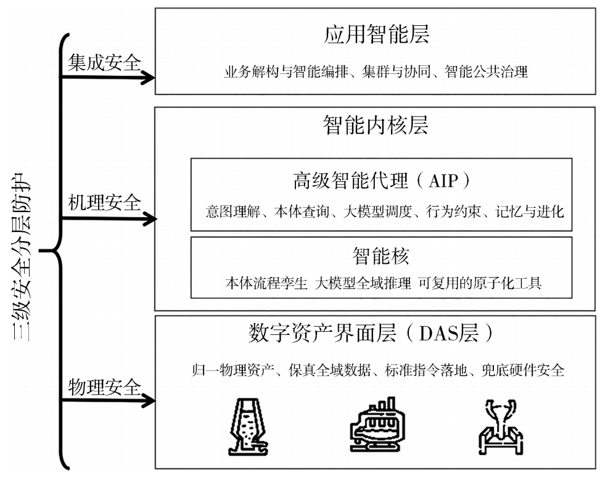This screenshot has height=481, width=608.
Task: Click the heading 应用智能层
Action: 377,34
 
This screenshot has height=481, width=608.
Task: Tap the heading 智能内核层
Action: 376,125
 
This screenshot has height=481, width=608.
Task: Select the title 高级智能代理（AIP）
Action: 382,180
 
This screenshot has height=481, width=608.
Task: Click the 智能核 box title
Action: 381,256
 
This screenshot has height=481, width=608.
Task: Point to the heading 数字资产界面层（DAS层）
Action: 371,333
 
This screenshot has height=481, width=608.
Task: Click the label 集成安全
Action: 104,62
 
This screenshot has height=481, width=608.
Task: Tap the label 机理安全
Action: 104,202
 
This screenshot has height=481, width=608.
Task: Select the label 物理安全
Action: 104,387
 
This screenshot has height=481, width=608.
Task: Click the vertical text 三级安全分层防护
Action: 22,257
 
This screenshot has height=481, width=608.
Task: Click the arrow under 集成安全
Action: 108,78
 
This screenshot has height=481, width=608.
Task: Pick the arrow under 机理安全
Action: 109,219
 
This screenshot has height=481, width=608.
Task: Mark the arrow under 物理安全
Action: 108,400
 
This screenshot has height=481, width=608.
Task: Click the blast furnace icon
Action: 248,426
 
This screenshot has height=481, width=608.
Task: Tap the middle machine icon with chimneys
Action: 377,424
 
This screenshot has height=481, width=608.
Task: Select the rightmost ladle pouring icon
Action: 500,427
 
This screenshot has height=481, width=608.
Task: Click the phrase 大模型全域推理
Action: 363,283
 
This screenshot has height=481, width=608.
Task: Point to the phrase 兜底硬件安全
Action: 523,370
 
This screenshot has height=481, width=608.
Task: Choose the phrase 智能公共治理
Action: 487,72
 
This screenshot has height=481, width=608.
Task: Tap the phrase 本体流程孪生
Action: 266,283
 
